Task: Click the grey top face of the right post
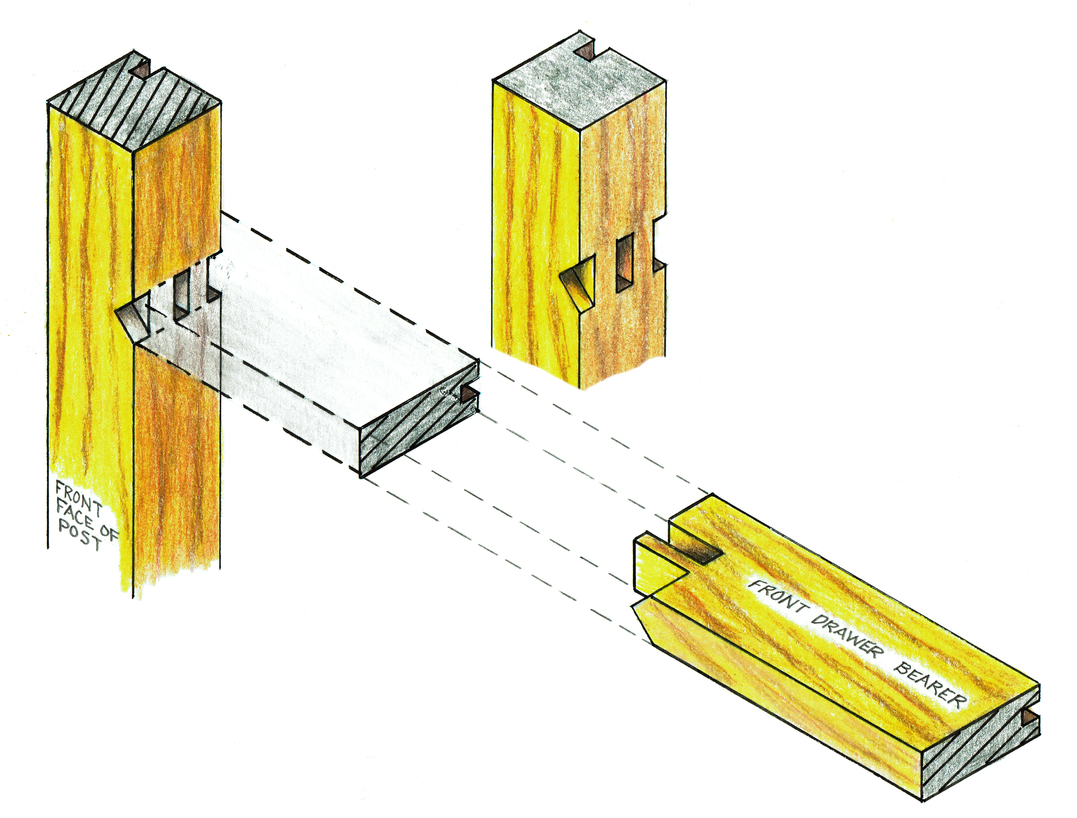pyautogui.click(x=579, y=80)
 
